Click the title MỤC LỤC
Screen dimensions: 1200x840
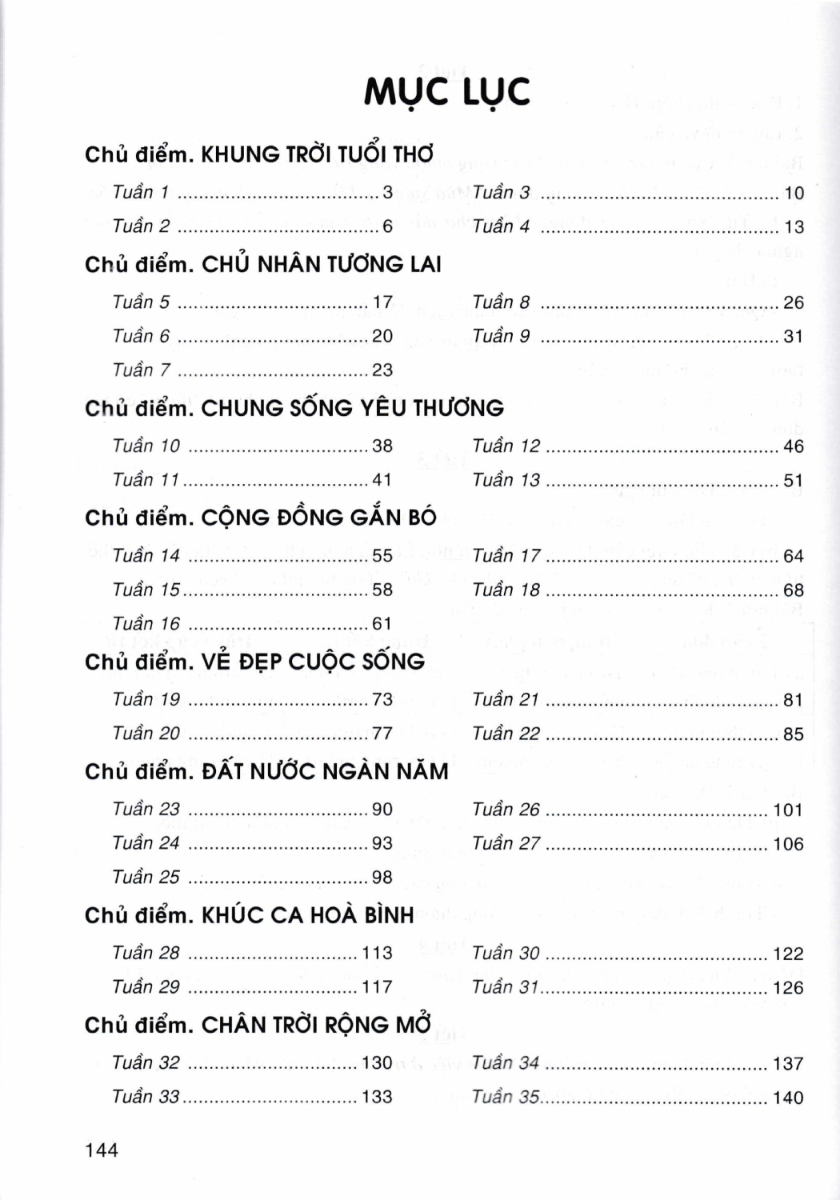tap(446, 92)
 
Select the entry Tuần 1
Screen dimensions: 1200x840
tap(141, 192)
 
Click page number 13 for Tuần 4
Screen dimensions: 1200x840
tap(794, 227)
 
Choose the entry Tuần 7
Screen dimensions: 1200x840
tap(141, 370)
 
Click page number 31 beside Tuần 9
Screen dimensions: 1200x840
tap(793, 337)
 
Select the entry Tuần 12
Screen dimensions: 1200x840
tap(506, 446)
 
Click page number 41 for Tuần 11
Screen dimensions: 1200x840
tap(382, 480)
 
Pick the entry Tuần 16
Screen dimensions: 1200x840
tap(146, 623)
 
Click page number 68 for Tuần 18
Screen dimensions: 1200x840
tap(793, 590)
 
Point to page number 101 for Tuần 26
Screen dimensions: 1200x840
tap(787, 810)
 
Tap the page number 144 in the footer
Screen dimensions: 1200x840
tap(102, 1150)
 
